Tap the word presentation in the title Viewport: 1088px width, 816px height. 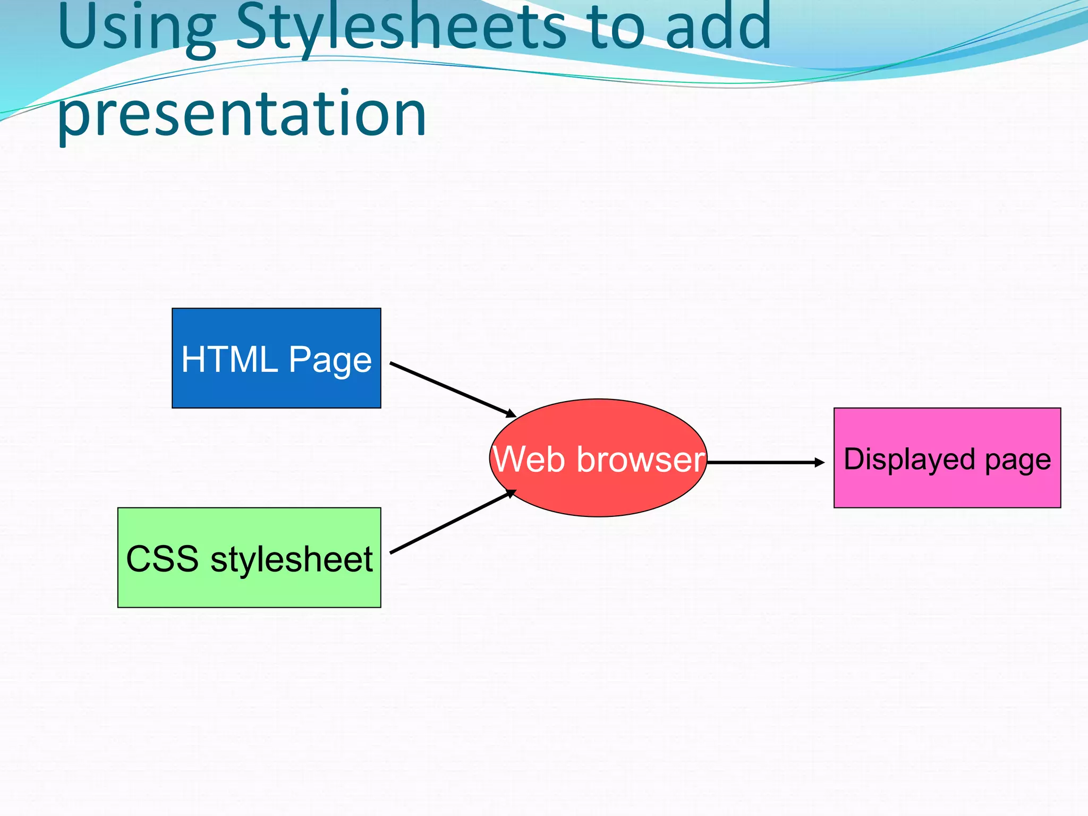click(242, 114)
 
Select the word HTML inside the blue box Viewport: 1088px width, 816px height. click(229, 360)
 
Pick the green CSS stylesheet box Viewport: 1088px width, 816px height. click(249, 590)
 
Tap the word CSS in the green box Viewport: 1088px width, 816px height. click(162, 559)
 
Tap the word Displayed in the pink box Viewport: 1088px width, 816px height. click(909, 459)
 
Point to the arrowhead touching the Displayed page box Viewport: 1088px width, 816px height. click(820, 463)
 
